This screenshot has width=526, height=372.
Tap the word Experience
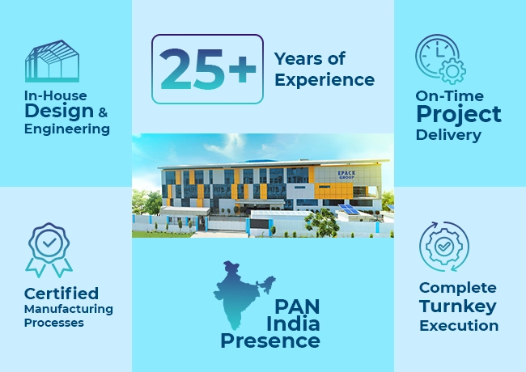click(325, 79)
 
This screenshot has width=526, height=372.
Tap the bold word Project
click(459, 114)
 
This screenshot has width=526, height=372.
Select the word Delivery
click(448, 134)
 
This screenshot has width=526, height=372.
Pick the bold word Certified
click(62, 293)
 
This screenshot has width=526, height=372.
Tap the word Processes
click(54, 323)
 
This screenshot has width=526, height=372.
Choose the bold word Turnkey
click(458, 306)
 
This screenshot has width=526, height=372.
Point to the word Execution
click(458, 325)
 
